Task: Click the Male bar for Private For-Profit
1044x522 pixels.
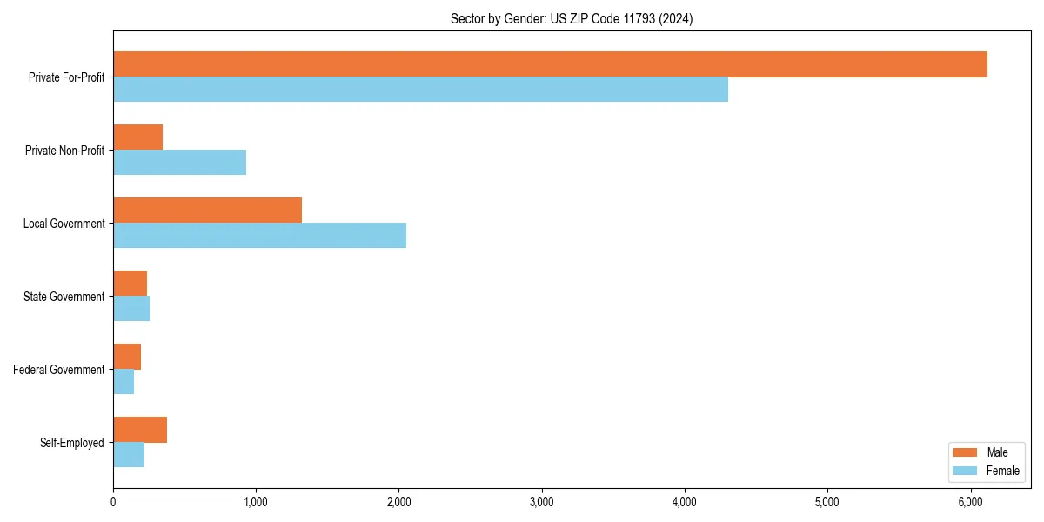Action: coord(550,64)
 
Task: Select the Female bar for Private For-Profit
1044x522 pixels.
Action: coord(420,90)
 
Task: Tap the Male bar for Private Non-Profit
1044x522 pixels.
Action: coord(137,137)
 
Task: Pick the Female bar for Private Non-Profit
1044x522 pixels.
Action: coord(179,163)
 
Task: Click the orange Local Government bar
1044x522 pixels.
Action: coord(207,211)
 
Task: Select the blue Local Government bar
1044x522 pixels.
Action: coord(259,236)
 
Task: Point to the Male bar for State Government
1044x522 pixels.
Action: coord(130,284)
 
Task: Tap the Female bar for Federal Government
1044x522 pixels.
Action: coord(124,382)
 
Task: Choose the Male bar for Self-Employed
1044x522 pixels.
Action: coord(140,430)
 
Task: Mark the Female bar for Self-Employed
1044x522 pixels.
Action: coord(129,455)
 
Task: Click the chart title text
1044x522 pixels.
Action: coord(572,18)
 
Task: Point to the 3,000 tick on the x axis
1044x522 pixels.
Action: coord(542,502)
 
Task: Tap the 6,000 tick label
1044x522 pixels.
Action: coord(970,502)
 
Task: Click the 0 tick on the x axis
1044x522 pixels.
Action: coord(113,502)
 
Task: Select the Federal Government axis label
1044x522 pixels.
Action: coord(59,370)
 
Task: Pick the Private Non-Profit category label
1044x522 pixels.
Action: coord(64,151)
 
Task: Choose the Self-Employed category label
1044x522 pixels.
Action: coord(72,443)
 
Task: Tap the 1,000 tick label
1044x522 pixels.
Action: coord(256,502)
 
